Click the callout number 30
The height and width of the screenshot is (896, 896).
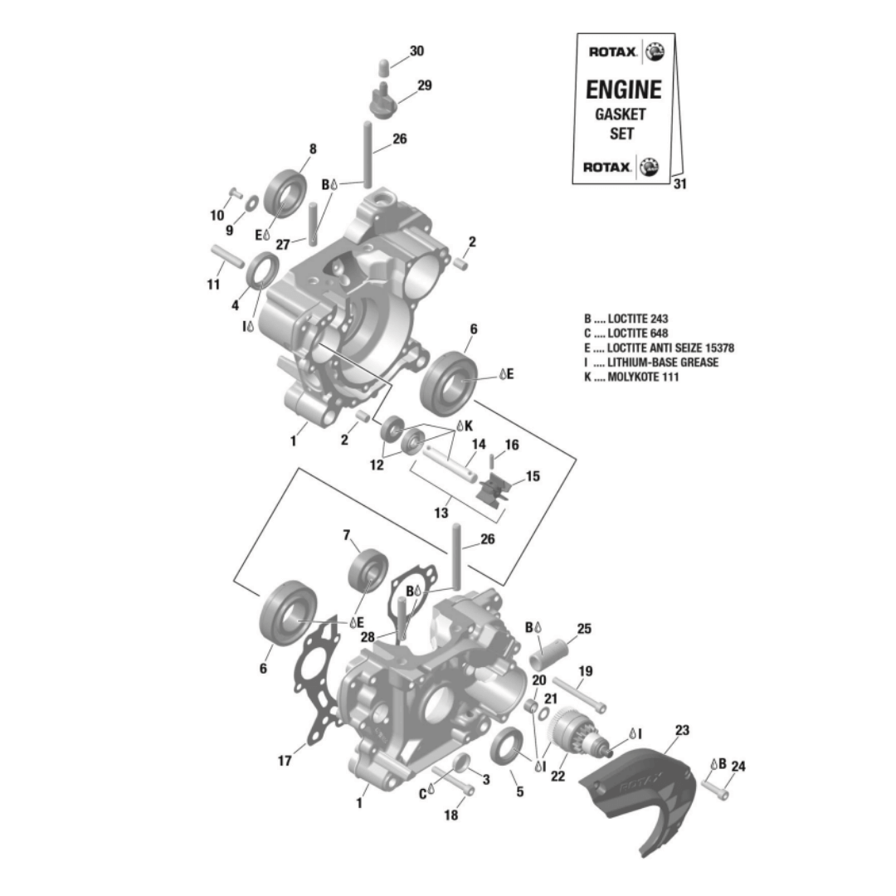pyautogui.click(x=416, y=51)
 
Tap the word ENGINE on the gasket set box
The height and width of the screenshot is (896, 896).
pyautogui.click(x=623, y=90)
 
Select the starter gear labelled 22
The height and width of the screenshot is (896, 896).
pyautogui.click(x=572, y=733)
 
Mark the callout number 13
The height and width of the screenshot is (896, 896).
pyautogui.click(x=441, y=513)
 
